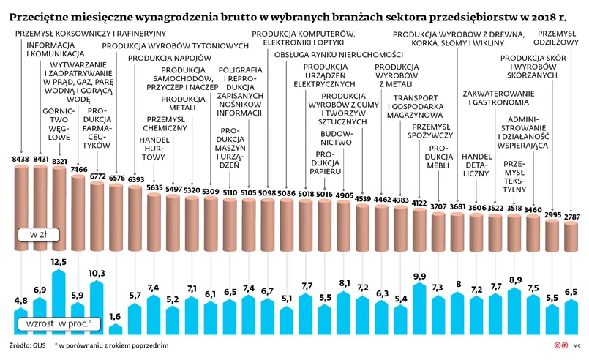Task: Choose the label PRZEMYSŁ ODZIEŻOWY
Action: [558, 37]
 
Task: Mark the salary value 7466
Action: [78, 169]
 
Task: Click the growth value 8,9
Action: [515, 280]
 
